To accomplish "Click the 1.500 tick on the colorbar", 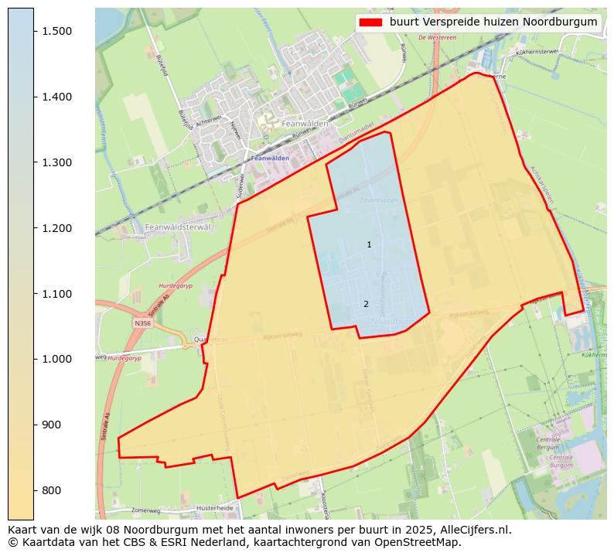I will point(35,31).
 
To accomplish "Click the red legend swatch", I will point(370,22).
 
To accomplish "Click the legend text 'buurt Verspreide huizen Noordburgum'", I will point(493,22).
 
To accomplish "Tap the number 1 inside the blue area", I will point(369,245).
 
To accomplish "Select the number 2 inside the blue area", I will point(366,305).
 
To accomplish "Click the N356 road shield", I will point(142,323).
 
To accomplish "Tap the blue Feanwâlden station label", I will point(270,159).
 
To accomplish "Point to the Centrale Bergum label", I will point(547,443).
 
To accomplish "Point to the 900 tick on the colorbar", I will point(35,425).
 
